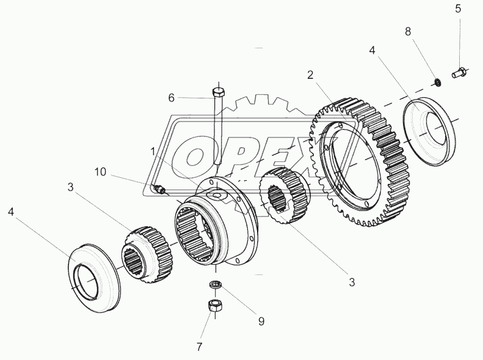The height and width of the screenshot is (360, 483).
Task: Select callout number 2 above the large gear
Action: point(311,75)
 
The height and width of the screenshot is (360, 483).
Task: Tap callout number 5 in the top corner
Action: point(458,9)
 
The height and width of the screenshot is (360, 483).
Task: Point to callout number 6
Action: point(172,97)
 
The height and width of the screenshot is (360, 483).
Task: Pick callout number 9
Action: point(261,320)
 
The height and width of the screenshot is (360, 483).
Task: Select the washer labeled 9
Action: point(214,285)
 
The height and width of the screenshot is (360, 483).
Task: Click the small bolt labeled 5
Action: point(459,73)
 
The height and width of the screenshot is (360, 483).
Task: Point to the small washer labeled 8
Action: point(437,81)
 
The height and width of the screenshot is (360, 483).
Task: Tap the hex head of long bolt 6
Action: point(219,92)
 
